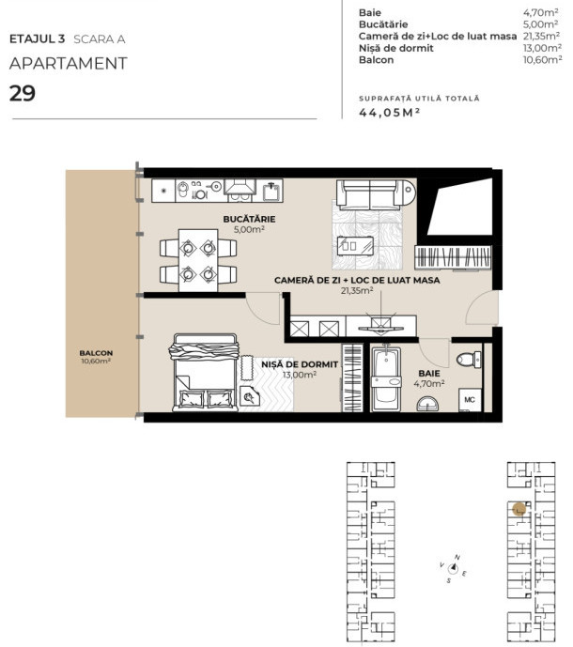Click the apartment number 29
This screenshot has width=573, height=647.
pyautogui.click(x=23, y=93)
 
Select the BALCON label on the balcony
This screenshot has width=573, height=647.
pyautogui.click(x=96, y=353)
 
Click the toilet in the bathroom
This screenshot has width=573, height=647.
pyautogui.click(x=467, y=359)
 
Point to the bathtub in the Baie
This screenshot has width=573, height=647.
pyautogui.click(x=385, y=381)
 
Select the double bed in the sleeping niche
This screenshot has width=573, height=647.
pyautogui.click(x=203, y=373)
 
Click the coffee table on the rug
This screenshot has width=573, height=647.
pyautogui.click(x=364, y=251)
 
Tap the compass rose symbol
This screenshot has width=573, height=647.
pyautogui.click(x=455, y=566)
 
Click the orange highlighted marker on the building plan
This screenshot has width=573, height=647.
pyautogui.click(x=519, y=509)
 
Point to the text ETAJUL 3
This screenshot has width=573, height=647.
pyautogui.click(x=37, y=39)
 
